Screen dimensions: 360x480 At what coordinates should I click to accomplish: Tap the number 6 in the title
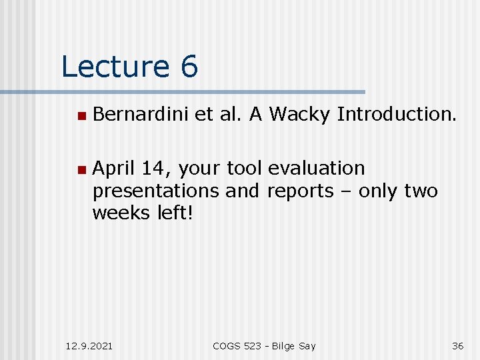tap(188, 67)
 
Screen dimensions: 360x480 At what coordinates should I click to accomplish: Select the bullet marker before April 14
tap(81, 169)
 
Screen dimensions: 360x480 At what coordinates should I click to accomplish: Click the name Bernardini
tap(141, 115)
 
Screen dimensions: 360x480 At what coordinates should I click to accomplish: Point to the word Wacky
tap(299, 115)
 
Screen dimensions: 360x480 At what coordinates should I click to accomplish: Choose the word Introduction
tap(397, 115)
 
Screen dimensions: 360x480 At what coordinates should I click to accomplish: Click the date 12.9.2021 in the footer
tap(90, 345)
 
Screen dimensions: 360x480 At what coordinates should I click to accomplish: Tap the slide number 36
tap(457, 345)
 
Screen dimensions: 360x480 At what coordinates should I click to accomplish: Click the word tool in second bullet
tap(246, 168)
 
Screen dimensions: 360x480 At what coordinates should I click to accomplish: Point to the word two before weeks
tap(421, 191)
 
